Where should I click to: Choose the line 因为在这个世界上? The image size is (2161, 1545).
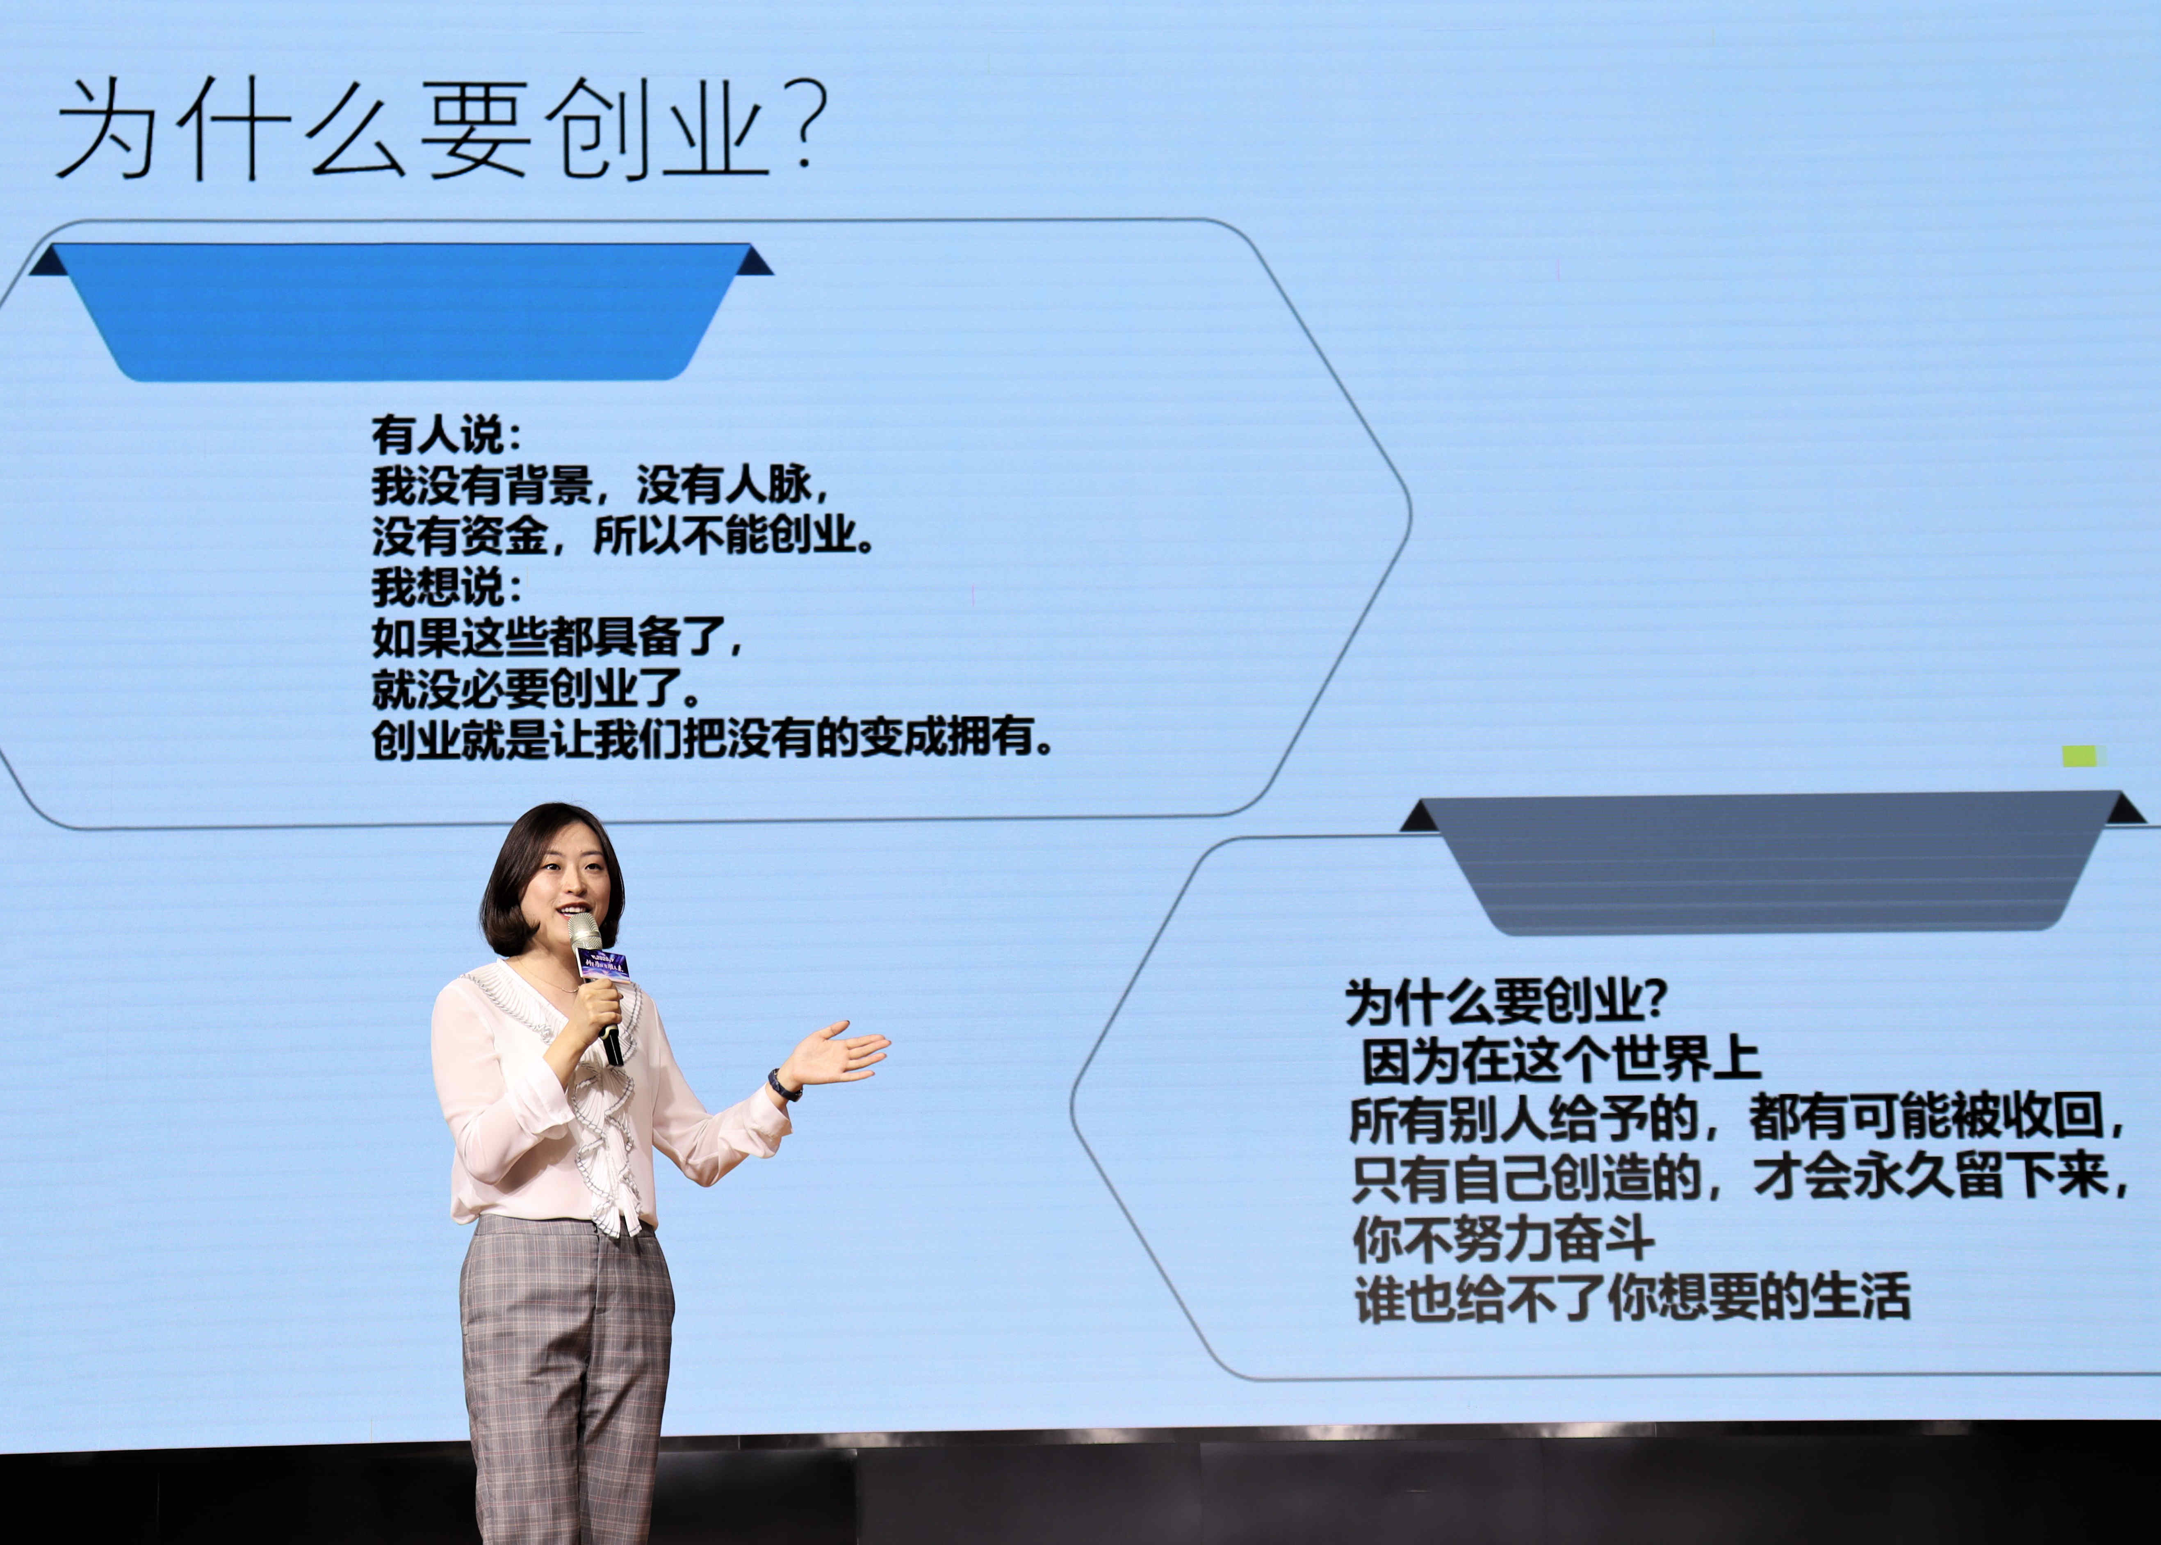pos(1561,1061)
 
